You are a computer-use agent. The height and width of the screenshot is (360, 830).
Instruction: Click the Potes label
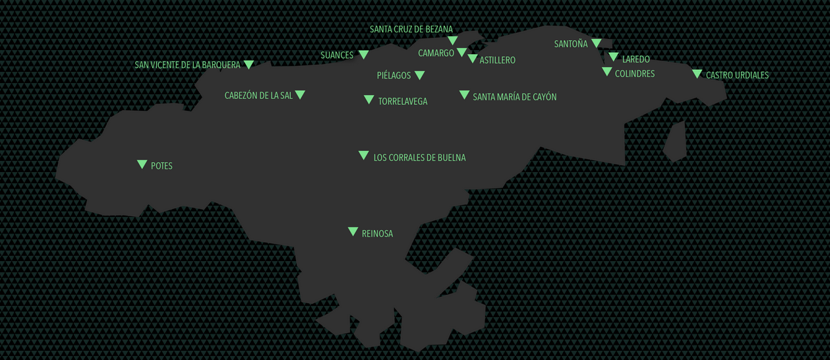click(162, 166)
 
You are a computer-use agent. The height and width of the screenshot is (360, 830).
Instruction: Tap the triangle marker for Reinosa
click(353, 231)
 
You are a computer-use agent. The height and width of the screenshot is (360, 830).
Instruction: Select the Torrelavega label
click(403, 102)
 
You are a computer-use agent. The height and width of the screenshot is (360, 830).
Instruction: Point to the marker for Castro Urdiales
click(697, 74)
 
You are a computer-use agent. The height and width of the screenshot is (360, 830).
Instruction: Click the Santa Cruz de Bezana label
click(411, 29)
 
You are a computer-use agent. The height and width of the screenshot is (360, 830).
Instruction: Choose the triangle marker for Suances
click(363, 55)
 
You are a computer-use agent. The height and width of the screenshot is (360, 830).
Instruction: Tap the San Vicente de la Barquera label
click(187, 65)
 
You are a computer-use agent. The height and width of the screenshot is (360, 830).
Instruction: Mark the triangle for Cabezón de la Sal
click(300, 95)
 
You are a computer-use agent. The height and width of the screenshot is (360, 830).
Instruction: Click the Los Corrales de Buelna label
click(419, 158)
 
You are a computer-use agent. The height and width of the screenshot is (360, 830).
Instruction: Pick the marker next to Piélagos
click(419, 75)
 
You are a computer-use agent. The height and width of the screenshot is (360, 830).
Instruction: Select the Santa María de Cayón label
click(515, 97)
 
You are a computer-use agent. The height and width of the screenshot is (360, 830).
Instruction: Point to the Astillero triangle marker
click(472, 59)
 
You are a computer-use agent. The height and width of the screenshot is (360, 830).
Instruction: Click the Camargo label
click(436, 53)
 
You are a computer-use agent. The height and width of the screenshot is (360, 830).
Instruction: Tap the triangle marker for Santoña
click(596, 43)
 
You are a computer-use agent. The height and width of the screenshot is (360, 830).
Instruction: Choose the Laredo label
click(636, 59)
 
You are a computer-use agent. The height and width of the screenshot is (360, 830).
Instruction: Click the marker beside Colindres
click(607, 72)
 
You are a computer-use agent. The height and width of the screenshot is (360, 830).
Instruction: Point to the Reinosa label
click(377, 234)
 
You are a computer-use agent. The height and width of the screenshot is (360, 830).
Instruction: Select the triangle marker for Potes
click(142, 164)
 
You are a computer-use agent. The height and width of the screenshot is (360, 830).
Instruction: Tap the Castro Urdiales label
click(737, 75)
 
